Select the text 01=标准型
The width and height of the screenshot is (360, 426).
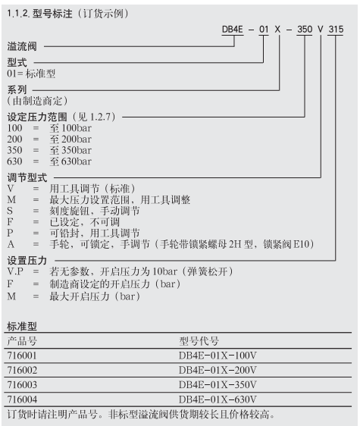[31, 74]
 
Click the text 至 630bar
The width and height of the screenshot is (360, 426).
[70, 161]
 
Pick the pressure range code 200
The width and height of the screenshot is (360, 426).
[14, 139]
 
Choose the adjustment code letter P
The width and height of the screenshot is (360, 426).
[10, 233]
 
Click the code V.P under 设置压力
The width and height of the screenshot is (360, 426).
[15, 271]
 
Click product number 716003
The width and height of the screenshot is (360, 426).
[20, 384]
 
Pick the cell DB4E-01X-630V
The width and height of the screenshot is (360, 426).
[218, 399]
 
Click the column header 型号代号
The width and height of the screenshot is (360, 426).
[199, 340]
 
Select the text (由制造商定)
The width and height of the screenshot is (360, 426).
[37, 100]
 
